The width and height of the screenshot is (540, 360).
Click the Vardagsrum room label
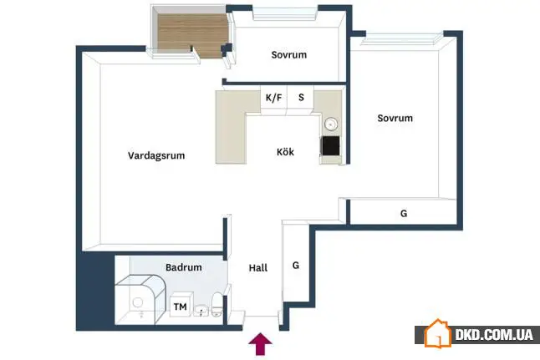(x=156, y=155)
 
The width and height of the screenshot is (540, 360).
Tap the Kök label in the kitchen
(x=285, y=152)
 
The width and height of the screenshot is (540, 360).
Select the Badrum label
(x=184, y=267)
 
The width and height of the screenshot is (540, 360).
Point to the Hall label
(x=258, y=268)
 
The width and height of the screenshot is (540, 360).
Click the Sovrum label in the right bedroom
(x=395, y=118)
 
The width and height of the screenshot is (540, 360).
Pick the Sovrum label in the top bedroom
(x=289, y=55)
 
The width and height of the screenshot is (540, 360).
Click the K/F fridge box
(x=274, y=99)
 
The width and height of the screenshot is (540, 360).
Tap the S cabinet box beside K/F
(x=301, y=99)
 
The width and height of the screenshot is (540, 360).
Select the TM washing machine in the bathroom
(x=181, y=305)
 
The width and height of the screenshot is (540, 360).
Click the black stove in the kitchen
(x=331, y=146)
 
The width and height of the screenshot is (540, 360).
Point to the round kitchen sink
(x=331, y=124)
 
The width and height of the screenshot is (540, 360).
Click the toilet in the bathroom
(x=217, y=305)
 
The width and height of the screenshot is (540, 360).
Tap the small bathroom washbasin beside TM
(x=201, y=311)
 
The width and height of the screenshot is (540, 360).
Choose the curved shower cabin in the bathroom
(x=140, y=299)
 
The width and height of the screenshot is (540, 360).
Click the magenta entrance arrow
(x=260, y=343)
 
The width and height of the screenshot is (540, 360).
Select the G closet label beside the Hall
(x=295, y=266)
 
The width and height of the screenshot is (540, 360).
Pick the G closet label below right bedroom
(x=404, y=213)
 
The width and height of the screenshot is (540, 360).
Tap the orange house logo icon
(x=437, y=333)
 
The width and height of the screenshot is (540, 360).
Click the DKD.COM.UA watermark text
(x=494, y=335)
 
